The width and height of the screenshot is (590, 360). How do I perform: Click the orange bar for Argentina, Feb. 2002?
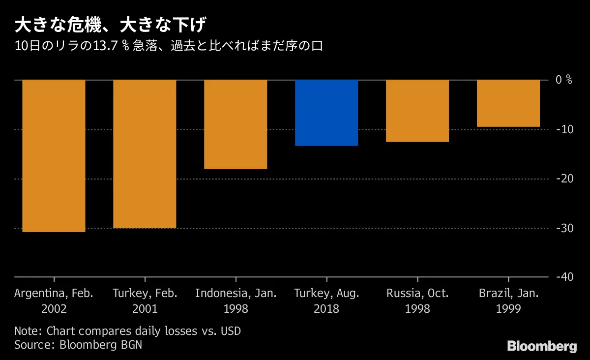point(54,155)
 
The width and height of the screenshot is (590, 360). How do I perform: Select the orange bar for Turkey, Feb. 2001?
point(145,153)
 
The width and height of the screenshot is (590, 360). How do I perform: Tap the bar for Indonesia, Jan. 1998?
point(236,124)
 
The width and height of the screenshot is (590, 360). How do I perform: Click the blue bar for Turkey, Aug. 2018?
point(326,113)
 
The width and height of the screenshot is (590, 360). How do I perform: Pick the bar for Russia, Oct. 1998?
point(417,111)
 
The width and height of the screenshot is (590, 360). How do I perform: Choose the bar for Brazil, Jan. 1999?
point(508,103)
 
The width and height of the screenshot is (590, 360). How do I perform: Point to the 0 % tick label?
point(564,80)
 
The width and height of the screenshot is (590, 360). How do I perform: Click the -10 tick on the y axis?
point(563,129)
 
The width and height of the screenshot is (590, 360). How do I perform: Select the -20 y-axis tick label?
point(563,179)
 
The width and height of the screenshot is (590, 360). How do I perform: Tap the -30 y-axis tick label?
point(563,228)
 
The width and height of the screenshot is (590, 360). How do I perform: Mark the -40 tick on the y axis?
point(563,277)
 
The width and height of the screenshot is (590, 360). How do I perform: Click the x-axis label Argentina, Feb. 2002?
point(54,301)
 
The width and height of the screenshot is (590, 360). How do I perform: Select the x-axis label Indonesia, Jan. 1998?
point(236,301)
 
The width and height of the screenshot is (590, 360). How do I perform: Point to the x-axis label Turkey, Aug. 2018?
point(326,301)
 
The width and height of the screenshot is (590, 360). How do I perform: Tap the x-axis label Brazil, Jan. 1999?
point(508,301)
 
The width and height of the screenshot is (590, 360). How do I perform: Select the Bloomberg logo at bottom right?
point(542,346)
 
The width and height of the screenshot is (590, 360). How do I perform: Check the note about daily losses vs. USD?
point(128,331)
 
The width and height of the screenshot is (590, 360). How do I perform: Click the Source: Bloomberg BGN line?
point(78,345)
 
